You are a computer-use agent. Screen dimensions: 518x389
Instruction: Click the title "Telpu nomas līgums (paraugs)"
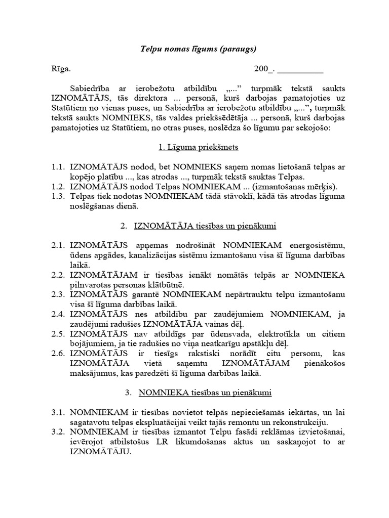[x=198, y=49]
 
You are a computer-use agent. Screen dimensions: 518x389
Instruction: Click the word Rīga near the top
[x=61, y=69]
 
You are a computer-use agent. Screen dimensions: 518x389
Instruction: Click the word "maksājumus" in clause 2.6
[x=95, y=373]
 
